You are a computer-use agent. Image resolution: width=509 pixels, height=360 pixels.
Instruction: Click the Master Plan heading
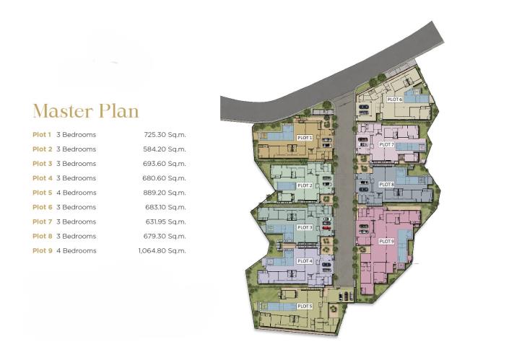85,111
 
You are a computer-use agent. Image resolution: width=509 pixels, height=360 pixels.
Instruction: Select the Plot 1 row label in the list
42,135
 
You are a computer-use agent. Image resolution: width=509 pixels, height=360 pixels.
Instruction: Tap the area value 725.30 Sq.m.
165,135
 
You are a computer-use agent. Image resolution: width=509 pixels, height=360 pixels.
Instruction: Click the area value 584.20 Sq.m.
165,149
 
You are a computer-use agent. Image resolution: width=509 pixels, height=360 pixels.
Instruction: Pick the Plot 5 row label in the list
42,193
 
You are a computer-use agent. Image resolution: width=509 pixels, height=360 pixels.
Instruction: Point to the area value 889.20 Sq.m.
165,193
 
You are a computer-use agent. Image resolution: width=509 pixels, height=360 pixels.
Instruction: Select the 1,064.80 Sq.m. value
162,250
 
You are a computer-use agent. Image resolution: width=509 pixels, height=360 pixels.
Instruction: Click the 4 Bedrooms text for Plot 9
76,250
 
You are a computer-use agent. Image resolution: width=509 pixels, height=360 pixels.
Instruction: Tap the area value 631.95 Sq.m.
165,221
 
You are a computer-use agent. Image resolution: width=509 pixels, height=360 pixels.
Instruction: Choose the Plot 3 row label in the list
42,164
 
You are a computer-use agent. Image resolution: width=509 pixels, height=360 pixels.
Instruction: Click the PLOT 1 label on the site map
305,137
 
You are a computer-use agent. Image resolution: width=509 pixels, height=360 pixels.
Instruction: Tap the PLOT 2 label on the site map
305,185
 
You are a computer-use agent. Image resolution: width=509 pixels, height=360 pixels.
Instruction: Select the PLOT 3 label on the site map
305,227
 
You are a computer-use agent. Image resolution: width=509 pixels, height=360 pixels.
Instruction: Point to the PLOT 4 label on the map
305,260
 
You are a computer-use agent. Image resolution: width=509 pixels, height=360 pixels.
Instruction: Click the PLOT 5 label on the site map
305,307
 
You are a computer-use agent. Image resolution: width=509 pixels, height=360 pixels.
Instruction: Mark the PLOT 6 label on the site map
394,100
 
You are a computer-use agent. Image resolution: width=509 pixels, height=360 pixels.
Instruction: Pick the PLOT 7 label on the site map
386,144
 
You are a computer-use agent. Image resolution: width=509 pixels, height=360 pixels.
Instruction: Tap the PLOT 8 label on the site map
386,185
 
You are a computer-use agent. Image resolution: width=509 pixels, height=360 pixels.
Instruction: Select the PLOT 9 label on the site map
386,241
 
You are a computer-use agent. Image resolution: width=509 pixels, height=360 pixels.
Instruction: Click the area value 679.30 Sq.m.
165,236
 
